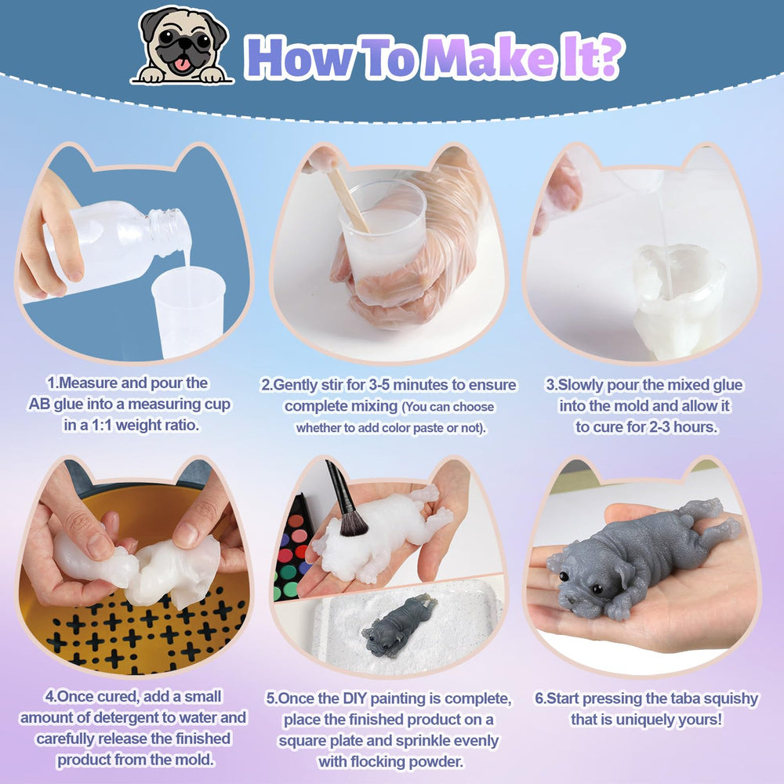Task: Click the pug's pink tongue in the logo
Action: pyautogui.click(x=181, y=64)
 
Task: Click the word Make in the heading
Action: pyautogui.click(x=489, y=57)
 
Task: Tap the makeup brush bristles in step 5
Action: pyautogui.click(x=353, y=522)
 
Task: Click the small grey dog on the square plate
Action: pyautogui.click(x=397, y=624)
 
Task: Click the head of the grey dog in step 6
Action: pyautogui.click(x=585, y=579)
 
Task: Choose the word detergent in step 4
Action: pyautogui.click(x=134, y=717)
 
